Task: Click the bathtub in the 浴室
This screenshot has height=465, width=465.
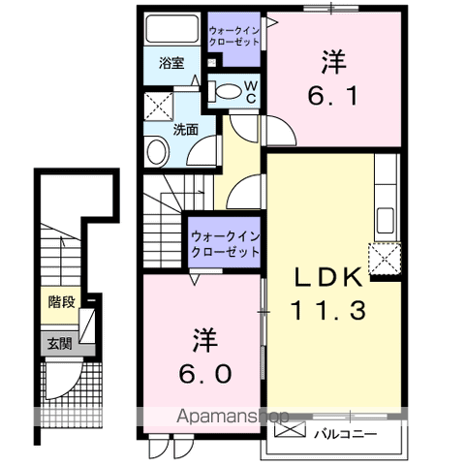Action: coord(171,28)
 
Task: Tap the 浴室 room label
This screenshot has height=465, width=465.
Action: coord(171,63)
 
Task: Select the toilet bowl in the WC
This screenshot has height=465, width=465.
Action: coord(225,91)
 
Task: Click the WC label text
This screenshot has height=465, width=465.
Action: coord(251,92)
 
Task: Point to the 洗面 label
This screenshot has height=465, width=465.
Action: coord(185,129)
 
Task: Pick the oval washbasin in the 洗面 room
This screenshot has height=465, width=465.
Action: coord(158,152)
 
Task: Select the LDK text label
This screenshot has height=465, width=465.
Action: coord(327,277)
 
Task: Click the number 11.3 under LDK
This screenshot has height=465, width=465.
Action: coord(328,310)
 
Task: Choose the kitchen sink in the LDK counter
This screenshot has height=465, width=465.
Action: coord(386,220)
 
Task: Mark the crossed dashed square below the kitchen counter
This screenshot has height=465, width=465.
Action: coord(385,260)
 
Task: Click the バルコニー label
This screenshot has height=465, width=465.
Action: coord(346,434)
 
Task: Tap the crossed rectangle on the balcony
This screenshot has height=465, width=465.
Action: coord(290,429)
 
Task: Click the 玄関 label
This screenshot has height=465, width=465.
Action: coord(59,344)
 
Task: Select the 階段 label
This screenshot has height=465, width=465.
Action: coord(61,302)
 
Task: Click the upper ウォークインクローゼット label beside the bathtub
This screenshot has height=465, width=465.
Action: coord(234,36)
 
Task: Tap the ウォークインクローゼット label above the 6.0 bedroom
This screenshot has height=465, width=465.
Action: coord(226,244)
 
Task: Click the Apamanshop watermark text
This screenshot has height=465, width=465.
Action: coord(232,417)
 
